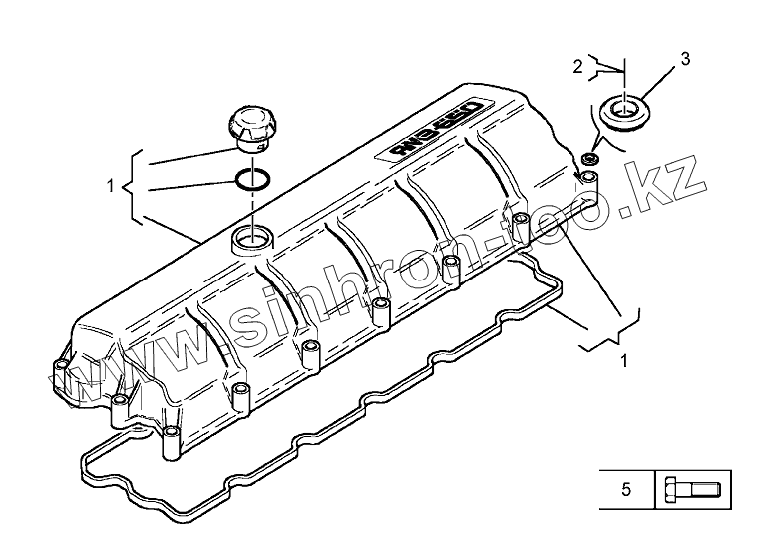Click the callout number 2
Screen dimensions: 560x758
(577, 67)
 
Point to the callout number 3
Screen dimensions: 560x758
(685, 60)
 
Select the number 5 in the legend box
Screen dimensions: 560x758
(625, 489)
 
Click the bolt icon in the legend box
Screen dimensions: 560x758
(692, 490)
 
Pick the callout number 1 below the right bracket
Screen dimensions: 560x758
(623, 359)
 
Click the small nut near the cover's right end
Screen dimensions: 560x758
(589, 160)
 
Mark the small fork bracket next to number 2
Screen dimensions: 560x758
(604, 68)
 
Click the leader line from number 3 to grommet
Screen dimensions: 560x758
(658, 79)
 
